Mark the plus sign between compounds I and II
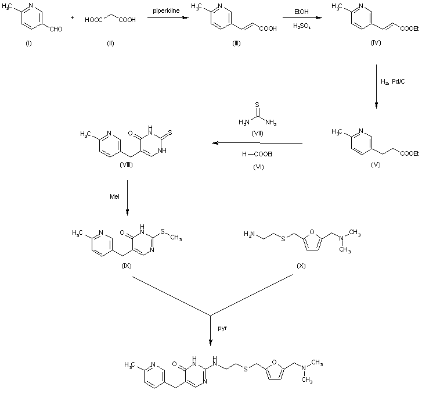(73, 19)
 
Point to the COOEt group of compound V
(408, 153)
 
